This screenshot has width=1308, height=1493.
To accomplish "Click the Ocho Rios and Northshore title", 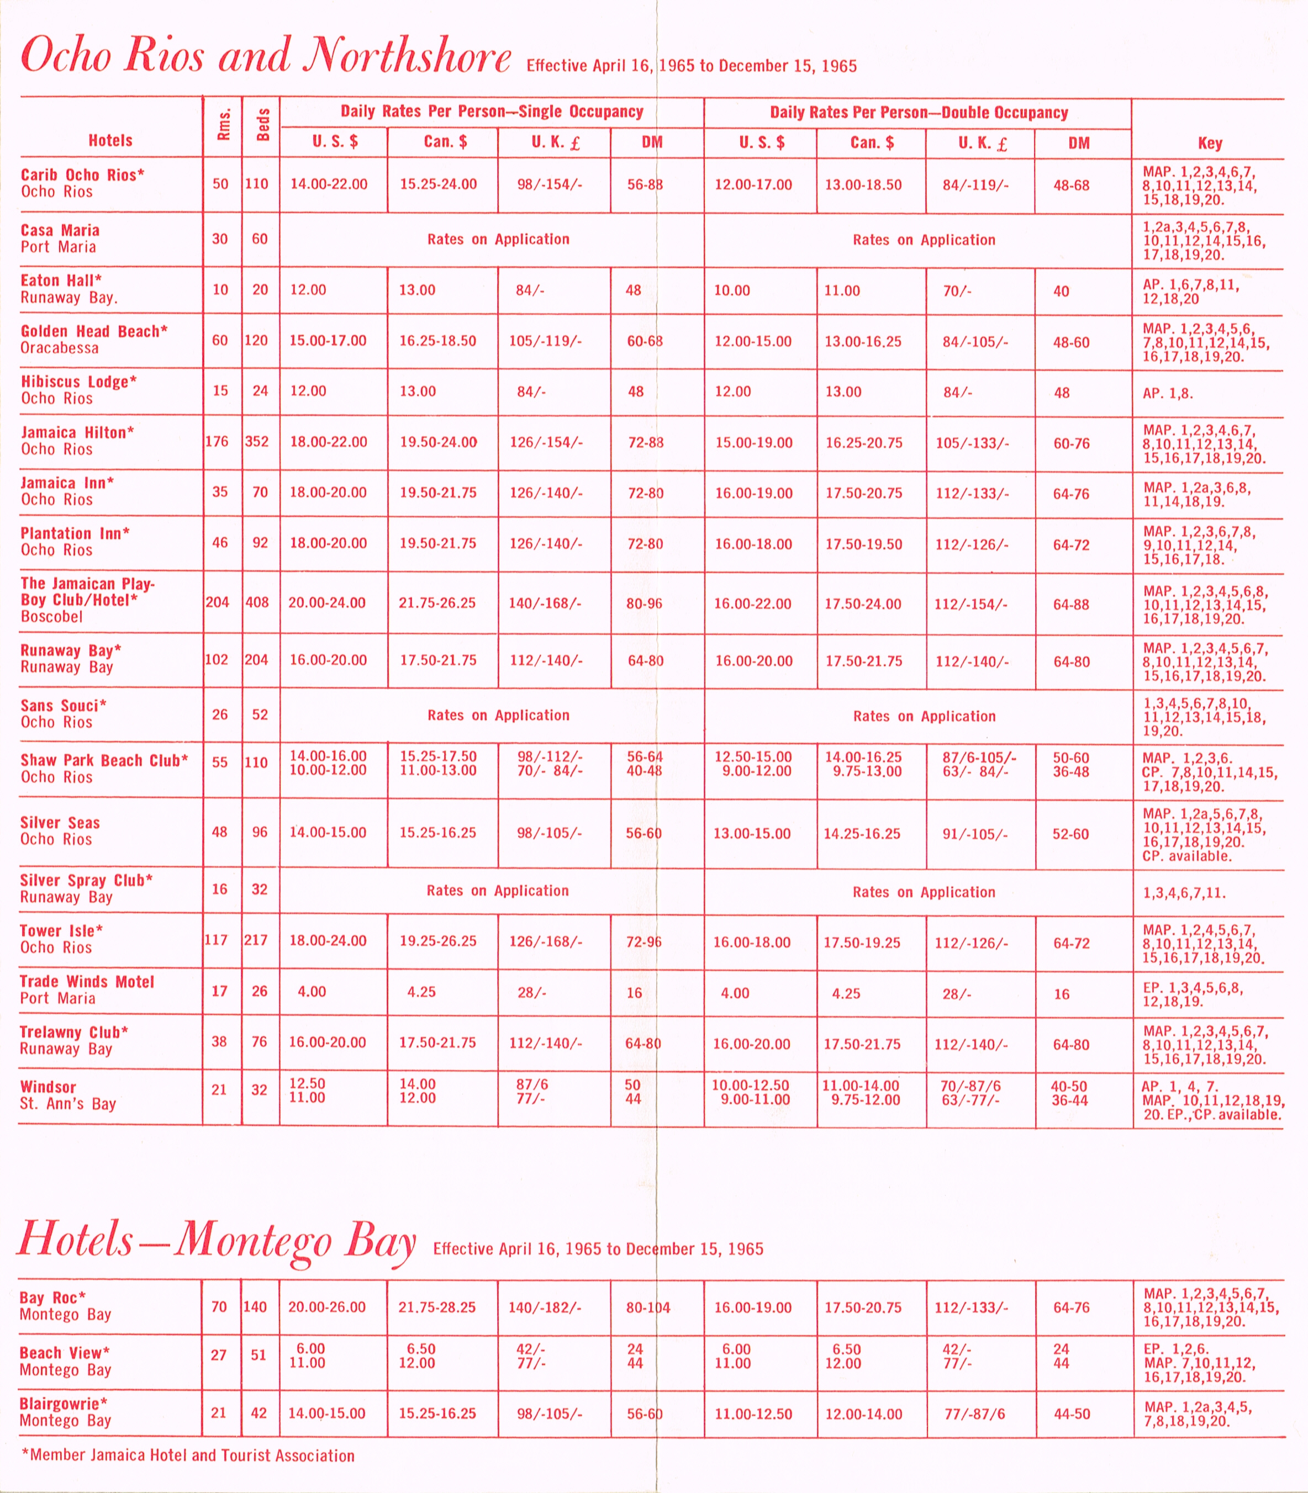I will (x=266, y=55).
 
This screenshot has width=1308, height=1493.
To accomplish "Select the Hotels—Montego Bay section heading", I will (x=216, y=1240).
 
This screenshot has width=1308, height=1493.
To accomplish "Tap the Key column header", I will (x=1210, y=143).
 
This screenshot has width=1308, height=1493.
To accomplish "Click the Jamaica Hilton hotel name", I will (x=77, y=432).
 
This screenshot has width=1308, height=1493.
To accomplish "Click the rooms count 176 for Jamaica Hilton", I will (x=217, y=442).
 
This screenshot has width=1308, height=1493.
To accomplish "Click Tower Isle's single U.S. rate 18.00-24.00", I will (x=328, y=941).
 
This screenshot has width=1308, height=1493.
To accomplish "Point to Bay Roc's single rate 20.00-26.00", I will (x=326, y=1307).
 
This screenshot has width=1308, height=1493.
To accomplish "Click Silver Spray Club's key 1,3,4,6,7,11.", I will (x=1184, y=892).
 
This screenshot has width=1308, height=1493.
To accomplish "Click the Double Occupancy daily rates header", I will (x=918, y=113).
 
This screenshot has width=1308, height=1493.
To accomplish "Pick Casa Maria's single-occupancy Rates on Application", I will (x=498, y=239).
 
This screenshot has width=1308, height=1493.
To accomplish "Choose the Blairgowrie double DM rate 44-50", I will (x=1072, y=1413).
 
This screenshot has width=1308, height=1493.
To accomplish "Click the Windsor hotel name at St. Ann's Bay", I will (x=48, y=1087).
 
